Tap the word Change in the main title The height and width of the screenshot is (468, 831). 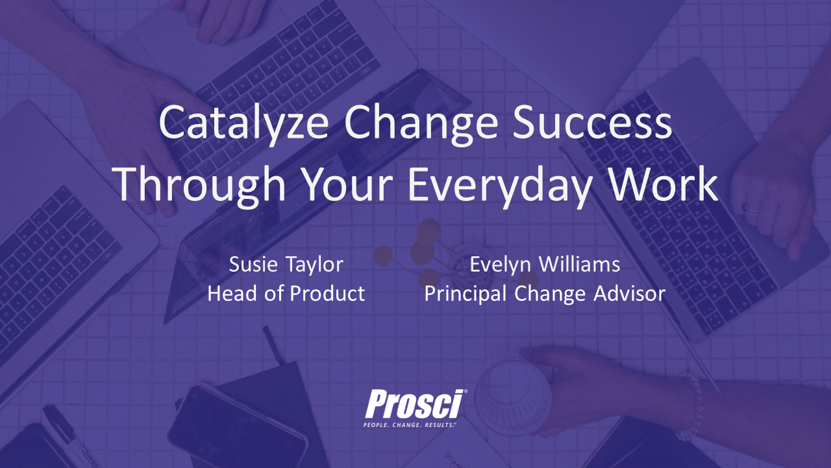click(421, 123)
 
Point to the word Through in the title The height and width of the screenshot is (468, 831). click(200, 184)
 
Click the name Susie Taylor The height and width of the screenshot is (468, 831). click(286, 265)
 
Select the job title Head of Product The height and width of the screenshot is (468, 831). click(286, 293)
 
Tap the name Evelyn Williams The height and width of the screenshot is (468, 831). click(545, 265)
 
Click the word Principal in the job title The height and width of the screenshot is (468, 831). click(465, 294)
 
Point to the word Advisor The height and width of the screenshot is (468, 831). click(629, 293)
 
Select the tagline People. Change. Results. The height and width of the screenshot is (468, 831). click(410, 425)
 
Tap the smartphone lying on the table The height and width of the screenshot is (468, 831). click(238, 427)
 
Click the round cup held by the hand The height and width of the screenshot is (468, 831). click(513, 393)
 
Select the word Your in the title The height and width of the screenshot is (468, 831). click(347, 184)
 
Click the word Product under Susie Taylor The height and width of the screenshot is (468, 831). click(328, 293)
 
